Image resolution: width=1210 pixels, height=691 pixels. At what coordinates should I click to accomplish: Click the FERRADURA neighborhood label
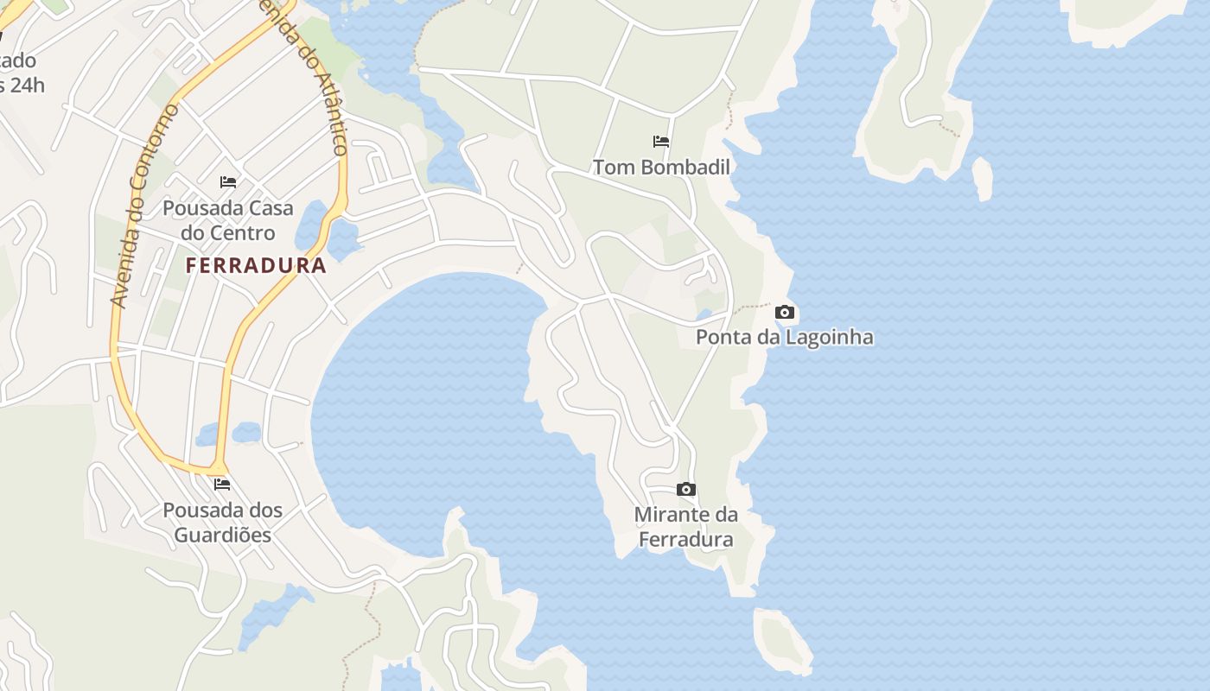[256, 265]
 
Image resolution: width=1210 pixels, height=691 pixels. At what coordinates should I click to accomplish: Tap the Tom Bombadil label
[661, 167]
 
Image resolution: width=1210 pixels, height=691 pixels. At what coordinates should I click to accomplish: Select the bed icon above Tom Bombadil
[661, 141]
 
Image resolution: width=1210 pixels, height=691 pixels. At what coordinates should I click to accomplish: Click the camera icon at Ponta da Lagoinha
[784, 312]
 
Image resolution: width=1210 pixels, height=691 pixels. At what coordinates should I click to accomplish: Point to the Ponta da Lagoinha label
[784, 337]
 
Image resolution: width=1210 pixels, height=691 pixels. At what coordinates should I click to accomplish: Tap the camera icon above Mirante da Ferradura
[685, 490]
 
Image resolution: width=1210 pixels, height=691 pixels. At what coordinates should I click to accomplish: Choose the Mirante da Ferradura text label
[685, 527]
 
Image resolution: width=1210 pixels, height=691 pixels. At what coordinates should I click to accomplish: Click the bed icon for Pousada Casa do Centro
[228, 182]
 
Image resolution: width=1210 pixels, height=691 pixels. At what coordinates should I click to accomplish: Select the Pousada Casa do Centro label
[228, 220]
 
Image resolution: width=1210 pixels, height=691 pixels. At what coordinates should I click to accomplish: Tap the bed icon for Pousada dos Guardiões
[222, 485]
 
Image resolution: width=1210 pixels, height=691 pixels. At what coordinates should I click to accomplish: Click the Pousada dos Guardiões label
[223, 522]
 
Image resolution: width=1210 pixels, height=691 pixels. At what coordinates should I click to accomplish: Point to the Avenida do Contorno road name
[144, 206]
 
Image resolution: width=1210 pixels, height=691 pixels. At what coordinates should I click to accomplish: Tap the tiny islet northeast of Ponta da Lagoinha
[983, 179]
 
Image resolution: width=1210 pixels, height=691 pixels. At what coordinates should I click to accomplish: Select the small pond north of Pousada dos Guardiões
[232, 433]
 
